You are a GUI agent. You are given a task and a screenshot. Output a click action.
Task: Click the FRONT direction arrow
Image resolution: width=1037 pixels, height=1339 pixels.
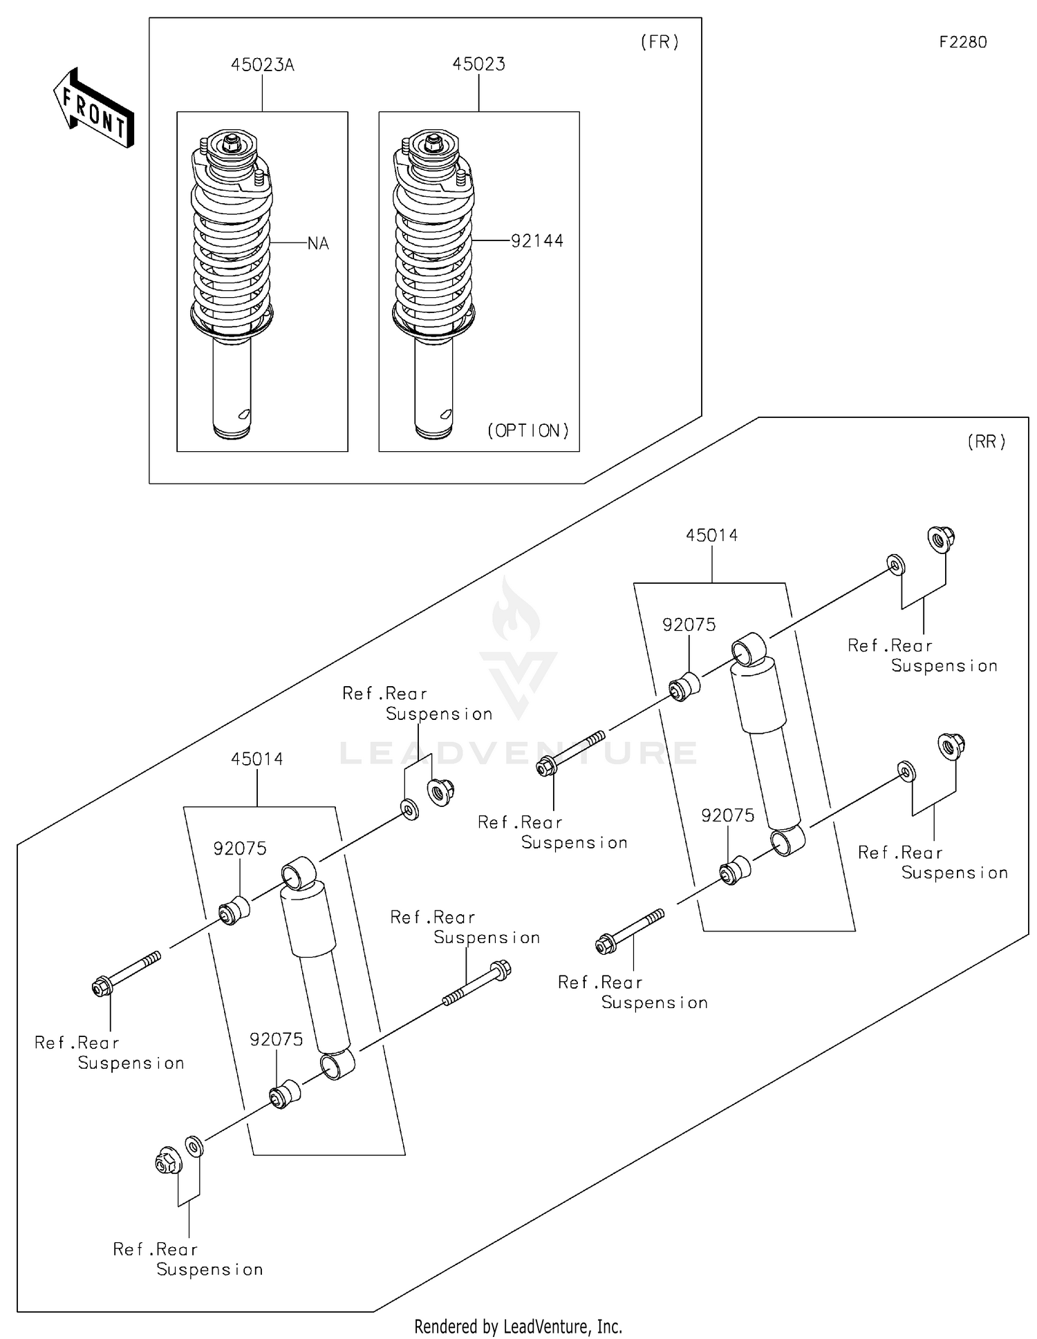tap(93, 109)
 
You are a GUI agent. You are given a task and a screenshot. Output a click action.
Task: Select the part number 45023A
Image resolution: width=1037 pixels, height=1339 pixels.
tap(262, 65)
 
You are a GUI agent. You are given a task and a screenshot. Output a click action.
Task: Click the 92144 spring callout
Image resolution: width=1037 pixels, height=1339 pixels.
tap(536, 241)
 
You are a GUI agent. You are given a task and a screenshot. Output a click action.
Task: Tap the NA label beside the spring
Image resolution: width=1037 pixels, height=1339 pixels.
tap(317, 244)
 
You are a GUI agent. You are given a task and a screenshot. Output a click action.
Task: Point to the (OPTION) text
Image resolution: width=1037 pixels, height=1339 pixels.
tap(528, 431)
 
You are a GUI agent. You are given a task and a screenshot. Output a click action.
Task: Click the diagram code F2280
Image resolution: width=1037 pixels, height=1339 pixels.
tap(962, 42)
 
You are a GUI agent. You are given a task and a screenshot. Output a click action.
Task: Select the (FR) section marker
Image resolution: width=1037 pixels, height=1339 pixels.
tap(660, 42)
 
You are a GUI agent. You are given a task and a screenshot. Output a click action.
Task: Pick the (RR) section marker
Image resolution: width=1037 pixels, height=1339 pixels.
tap(986, 442)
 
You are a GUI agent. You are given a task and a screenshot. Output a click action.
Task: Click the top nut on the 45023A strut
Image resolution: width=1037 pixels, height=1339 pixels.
tap(232, 142)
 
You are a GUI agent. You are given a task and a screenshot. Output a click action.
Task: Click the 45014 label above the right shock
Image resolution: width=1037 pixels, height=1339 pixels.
tap(711, 535)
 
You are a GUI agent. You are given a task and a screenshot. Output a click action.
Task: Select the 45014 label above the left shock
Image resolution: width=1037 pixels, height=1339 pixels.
tap(256, 759)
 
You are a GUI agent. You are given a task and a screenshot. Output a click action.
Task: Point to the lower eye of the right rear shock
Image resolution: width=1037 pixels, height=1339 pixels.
tap(787, 840)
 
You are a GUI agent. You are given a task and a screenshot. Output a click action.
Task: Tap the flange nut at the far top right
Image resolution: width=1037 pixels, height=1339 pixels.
tap(940, 538)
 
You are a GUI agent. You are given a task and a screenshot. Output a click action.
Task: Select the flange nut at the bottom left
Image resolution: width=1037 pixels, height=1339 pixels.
tap(167, 1161)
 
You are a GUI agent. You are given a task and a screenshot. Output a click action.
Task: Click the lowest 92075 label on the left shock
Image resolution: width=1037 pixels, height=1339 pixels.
tap(276, 1040)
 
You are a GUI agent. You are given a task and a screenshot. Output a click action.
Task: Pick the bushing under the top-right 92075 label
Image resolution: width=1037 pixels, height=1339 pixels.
tap(684, 686)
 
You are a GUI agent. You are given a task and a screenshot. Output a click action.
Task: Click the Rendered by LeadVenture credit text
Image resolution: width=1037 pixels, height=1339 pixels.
tap(518, 1326)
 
